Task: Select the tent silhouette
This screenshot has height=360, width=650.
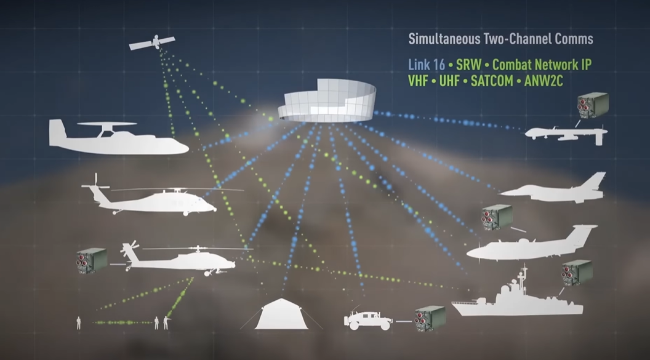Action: (283, 314)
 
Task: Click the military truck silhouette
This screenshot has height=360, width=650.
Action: (367, 319)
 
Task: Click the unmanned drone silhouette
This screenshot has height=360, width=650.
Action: (566, 132)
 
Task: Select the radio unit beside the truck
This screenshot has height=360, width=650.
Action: (430, 317)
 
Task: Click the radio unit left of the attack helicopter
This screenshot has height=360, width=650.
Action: (92, 261)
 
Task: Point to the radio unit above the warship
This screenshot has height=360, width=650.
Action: (576, 273)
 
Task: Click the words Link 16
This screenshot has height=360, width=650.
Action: (426, 65)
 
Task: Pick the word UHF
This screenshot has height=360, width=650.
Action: (454, 81)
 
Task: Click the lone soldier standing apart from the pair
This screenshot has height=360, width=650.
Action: (79, 322)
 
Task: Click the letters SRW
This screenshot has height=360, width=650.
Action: (468, 65)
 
